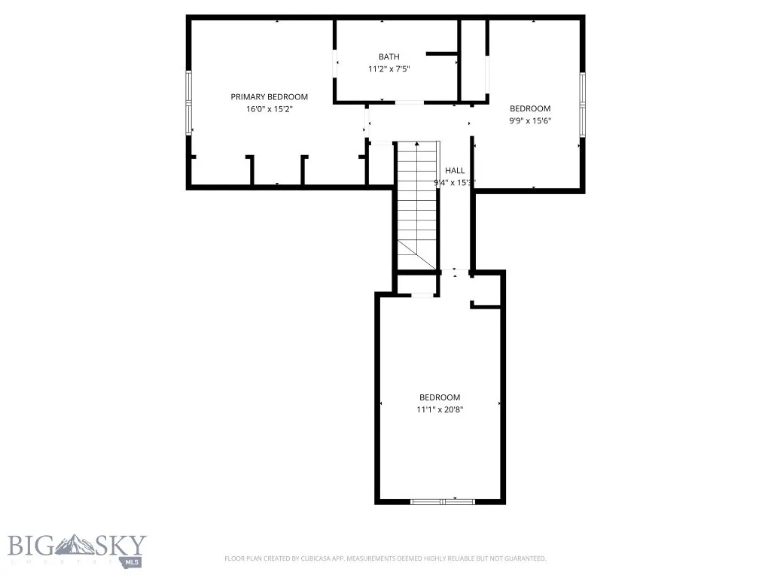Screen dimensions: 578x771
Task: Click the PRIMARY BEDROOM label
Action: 269,96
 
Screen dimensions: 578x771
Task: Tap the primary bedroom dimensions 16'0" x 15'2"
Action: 269,109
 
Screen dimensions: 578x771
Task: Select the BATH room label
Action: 389,56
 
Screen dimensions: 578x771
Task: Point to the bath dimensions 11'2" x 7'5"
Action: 389,68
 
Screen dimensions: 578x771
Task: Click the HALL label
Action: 455,170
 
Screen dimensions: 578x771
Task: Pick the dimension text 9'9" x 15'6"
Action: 530,120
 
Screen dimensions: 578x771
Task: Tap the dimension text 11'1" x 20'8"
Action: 439,409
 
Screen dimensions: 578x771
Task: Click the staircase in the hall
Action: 416,196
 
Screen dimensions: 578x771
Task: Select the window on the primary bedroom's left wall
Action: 189,102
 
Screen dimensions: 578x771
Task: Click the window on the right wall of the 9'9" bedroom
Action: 581,105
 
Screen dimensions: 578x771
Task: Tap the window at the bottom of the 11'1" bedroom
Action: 443,500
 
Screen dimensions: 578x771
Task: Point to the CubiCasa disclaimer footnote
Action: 385,558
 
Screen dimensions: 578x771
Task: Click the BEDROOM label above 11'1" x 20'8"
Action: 439,397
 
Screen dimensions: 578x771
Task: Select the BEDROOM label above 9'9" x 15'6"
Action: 530,108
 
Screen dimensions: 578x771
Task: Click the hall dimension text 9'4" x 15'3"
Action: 455,182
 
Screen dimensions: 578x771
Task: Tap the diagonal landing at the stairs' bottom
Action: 417,255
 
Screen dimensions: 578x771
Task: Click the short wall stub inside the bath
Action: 442,53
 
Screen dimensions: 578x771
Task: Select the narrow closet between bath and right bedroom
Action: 474,60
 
